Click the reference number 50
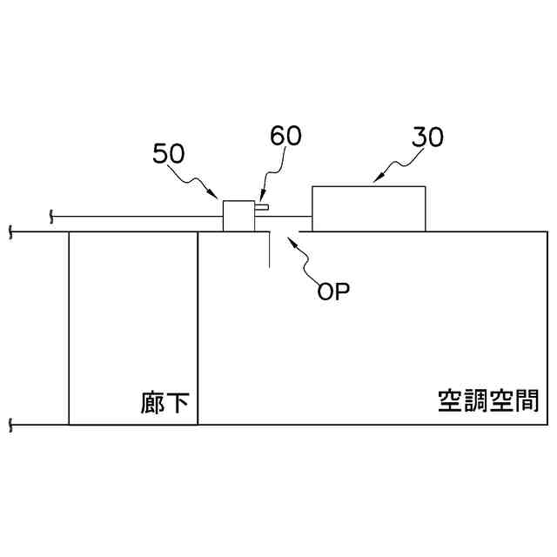(x=167, y=153)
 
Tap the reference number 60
(x=285, y=137)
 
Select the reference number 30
(x=426, y=137)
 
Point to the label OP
(x=332, y=292)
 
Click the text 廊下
(x=165, y=403)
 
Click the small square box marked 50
(x=238, y=216)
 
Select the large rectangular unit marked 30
(x=368, y=208)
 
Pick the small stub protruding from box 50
(x=262, y=206)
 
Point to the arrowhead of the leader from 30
(x=377, y=182)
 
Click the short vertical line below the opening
(x=270, y=249)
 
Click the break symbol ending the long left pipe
(x=52, y=215)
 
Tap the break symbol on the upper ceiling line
(x=10, y=231)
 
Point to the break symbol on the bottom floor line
(x=10, y=425)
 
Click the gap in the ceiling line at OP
(x=284, y=232)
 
